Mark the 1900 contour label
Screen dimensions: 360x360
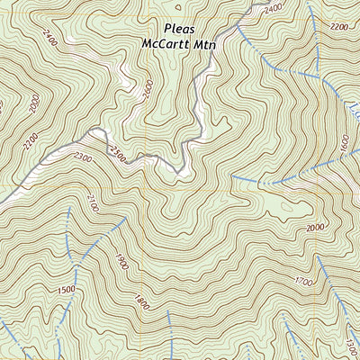(121, 260)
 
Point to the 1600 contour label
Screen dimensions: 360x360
(344, 142)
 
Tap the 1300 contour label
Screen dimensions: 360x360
(350, 344)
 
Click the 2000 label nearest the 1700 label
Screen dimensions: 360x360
(315, 229)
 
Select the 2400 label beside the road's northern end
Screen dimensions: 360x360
(274, 8)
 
